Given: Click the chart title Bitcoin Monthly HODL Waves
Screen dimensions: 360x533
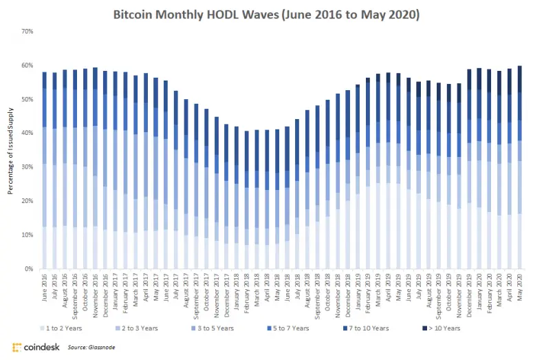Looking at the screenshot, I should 266,13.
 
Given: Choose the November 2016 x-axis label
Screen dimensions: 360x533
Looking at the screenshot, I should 95,294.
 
